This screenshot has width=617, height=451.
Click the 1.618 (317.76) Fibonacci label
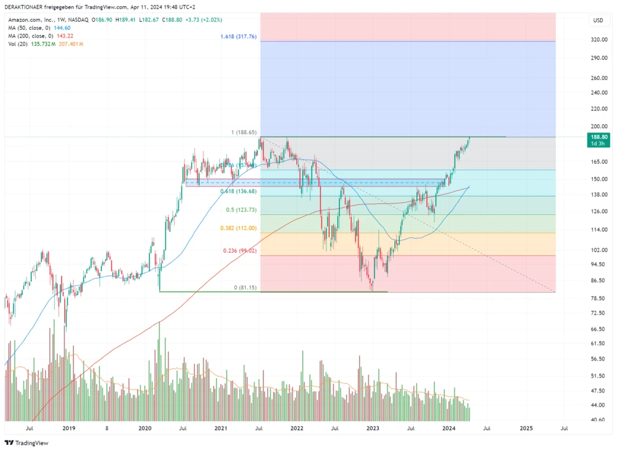click(x=239, y=37)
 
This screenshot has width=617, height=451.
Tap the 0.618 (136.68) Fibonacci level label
click(x=238, y=192)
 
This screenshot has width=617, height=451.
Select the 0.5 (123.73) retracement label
click(x=241, y=210)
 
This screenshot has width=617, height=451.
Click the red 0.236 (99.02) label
click(x=239, y=251)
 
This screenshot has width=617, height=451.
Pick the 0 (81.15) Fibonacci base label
click(x=244, y=288)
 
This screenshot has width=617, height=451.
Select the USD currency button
click(x=598, y=20)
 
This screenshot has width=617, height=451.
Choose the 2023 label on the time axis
click(x=373, y=428)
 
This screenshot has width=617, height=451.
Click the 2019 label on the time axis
click(x=68, y=428)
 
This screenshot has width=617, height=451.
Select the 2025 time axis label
click(x=526, y=428)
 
